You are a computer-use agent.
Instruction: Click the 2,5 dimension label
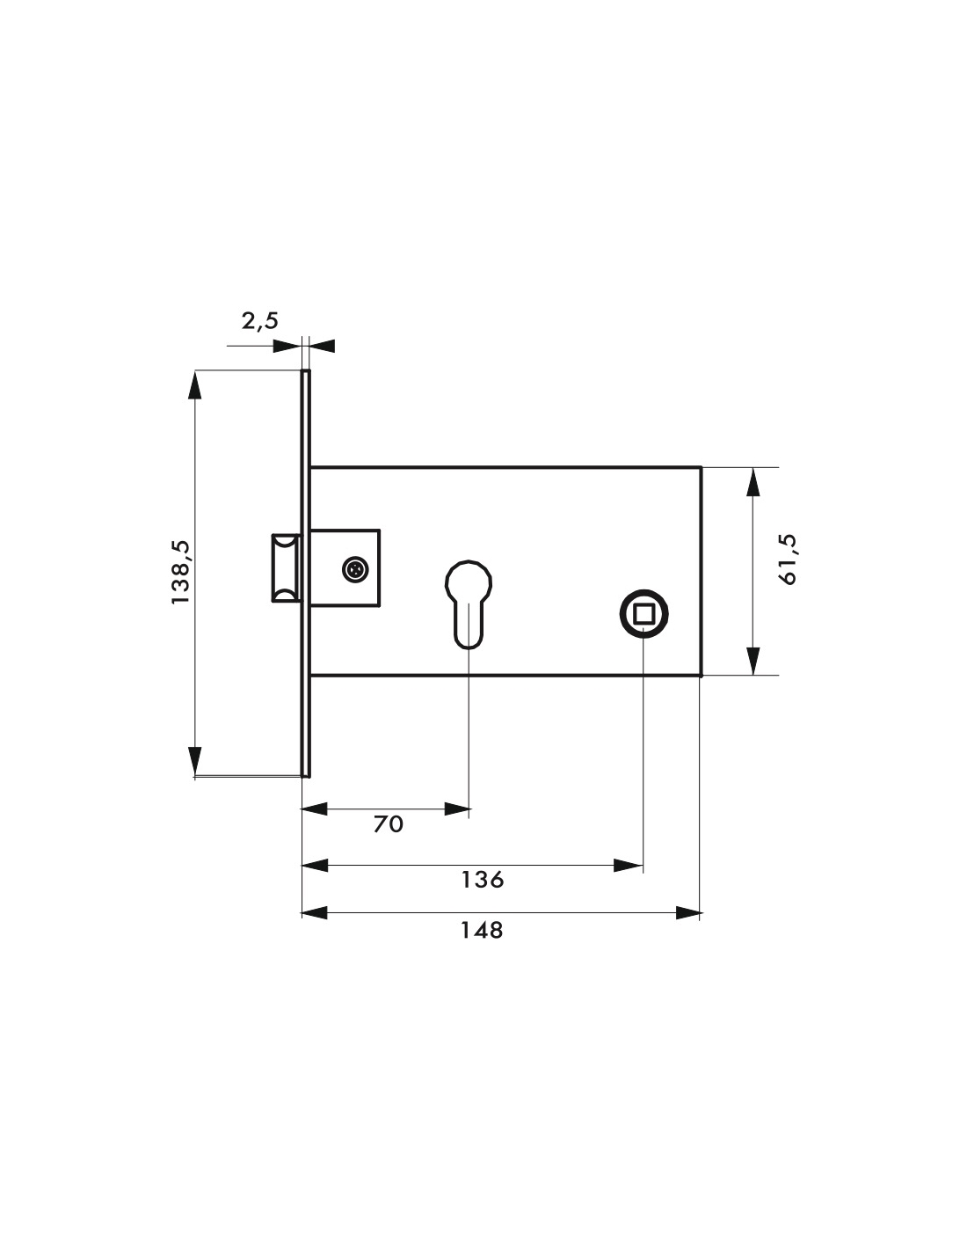pyautogui.click(x=259, y=321)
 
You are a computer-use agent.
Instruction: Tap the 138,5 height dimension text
pyautogui.click(x=180, y=572)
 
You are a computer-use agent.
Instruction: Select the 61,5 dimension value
pyautogui.click(x=788, y=560)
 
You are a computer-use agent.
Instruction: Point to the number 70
pyautogui.click(x=389, y=824)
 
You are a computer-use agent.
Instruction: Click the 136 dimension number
pyautogui.click(x=482, y=880)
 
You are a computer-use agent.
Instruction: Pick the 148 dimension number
pyautogui.click(x=482, y=930)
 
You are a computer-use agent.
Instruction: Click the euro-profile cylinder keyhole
pyautogui.click(x=469, y=604)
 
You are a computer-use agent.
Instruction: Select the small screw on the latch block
pyautogui.click(x=355, y=570)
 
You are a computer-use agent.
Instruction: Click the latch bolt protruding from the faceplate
pyautogui.click(x=286, y=568)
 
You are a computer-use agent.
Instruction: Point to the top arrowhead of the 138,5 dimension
pyautogui.click(x=195, y=384)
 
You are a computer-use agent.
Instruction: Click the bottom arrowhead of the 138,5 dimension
pyautogui.click(x=195, y=760)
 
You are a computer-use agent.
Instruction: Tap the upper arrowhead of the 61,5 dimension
pyautogui.click(x=753, y=482)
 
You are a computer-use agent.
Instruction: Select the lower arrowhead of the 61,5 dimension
pyautogui.click(x=753, y=661)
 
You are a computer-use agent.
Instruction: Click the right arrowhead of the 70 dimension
pyautogui.click(x=457, y=808)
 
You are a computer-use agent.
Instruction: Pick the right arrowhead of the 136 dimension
pyautogui.click(x=629, y=866)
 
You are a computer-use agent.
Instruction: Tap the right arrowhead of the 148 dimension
pyautogui.click(x=688, y=913)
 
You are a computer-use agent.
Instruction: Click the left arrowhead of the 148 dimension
pyautogui.click(x=316, y=913)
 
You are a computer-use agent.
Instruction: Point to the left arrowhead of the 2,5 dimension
pyautogui.click(x=287, y=346)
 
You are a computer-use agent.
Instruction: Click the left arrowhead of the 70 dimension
pyautogui.click(x=316, y=808)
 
